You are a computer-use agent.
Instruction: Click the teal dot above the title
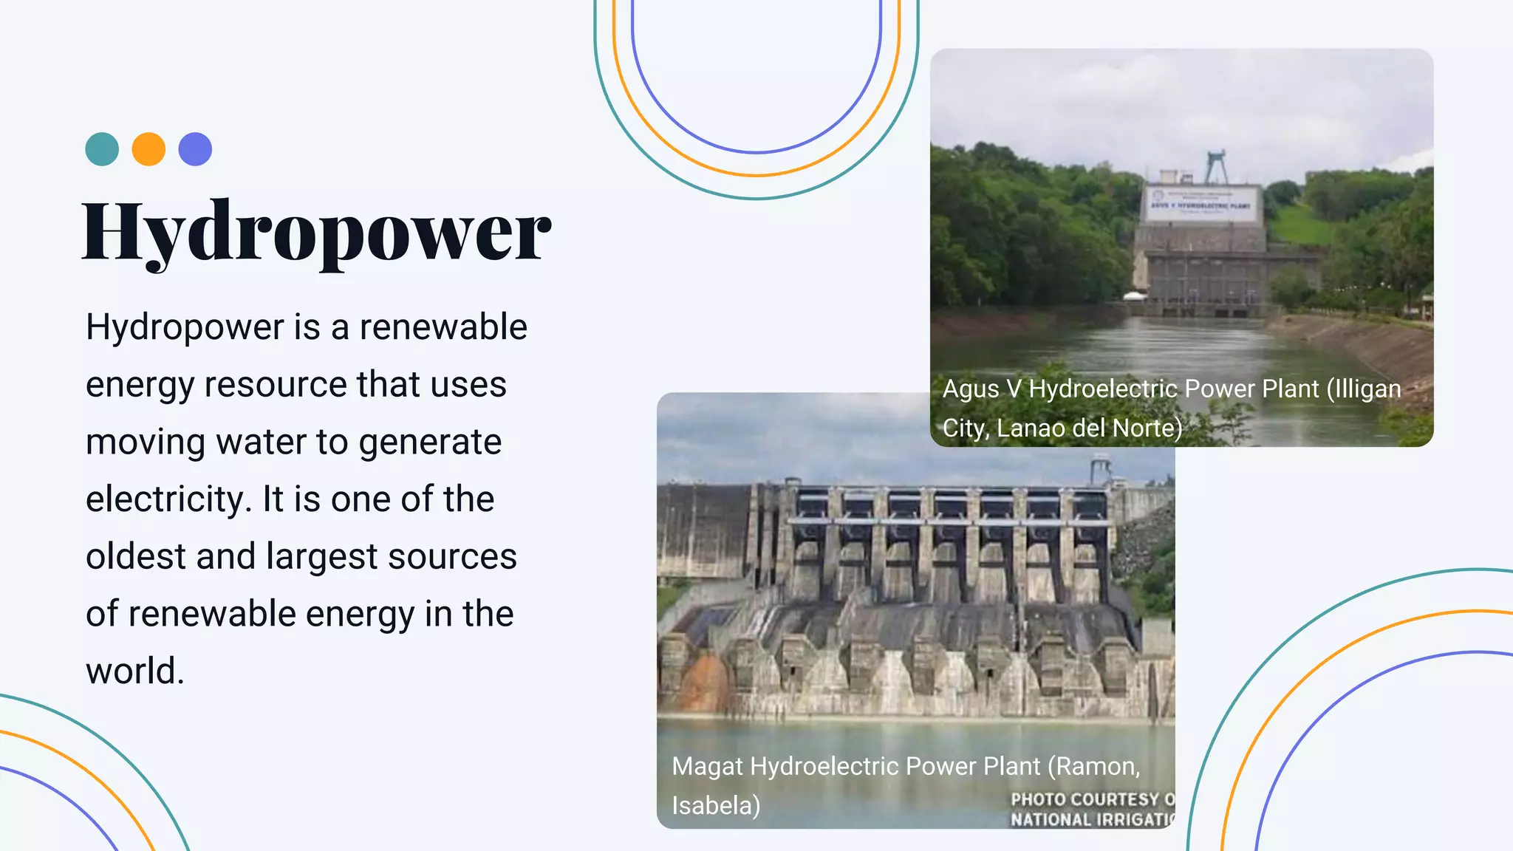click(102, 149)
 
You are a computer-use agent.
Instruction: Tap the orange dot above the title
click(148, 149)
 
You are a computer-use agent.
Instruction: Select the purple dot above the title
click(195, 149)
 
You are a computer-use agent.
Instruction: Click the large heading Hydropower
click(316, 231)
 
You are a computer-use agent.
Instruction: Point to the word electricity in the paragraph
click(169, 499)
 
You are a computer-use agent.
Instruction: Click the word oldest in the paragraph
click(136, 556)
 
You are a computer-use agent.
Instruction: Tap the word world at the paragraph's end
click(134, 671)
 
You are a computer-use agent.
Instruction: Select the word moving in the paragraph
click(146, 442)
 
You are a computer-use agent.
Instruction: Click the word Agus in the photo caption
click(970, 389)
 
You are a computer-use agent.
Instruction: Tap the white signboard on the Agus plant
click(1202, 204)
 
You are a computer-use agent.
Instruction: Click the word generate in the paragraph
click(430, 442)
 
